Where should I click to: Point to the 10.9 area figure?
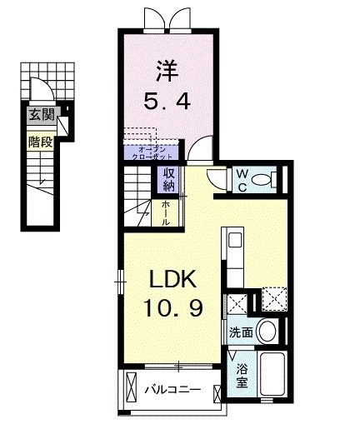(171, 310)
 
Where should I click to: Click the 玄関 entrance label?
(37, 114)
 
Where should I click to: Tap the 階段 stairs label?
(37, 142)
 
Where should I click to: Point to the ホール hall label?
(166, 212)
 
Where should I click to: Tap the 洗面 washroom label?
(242, 331)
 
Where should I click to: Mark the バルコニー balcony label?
(175, 389)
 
